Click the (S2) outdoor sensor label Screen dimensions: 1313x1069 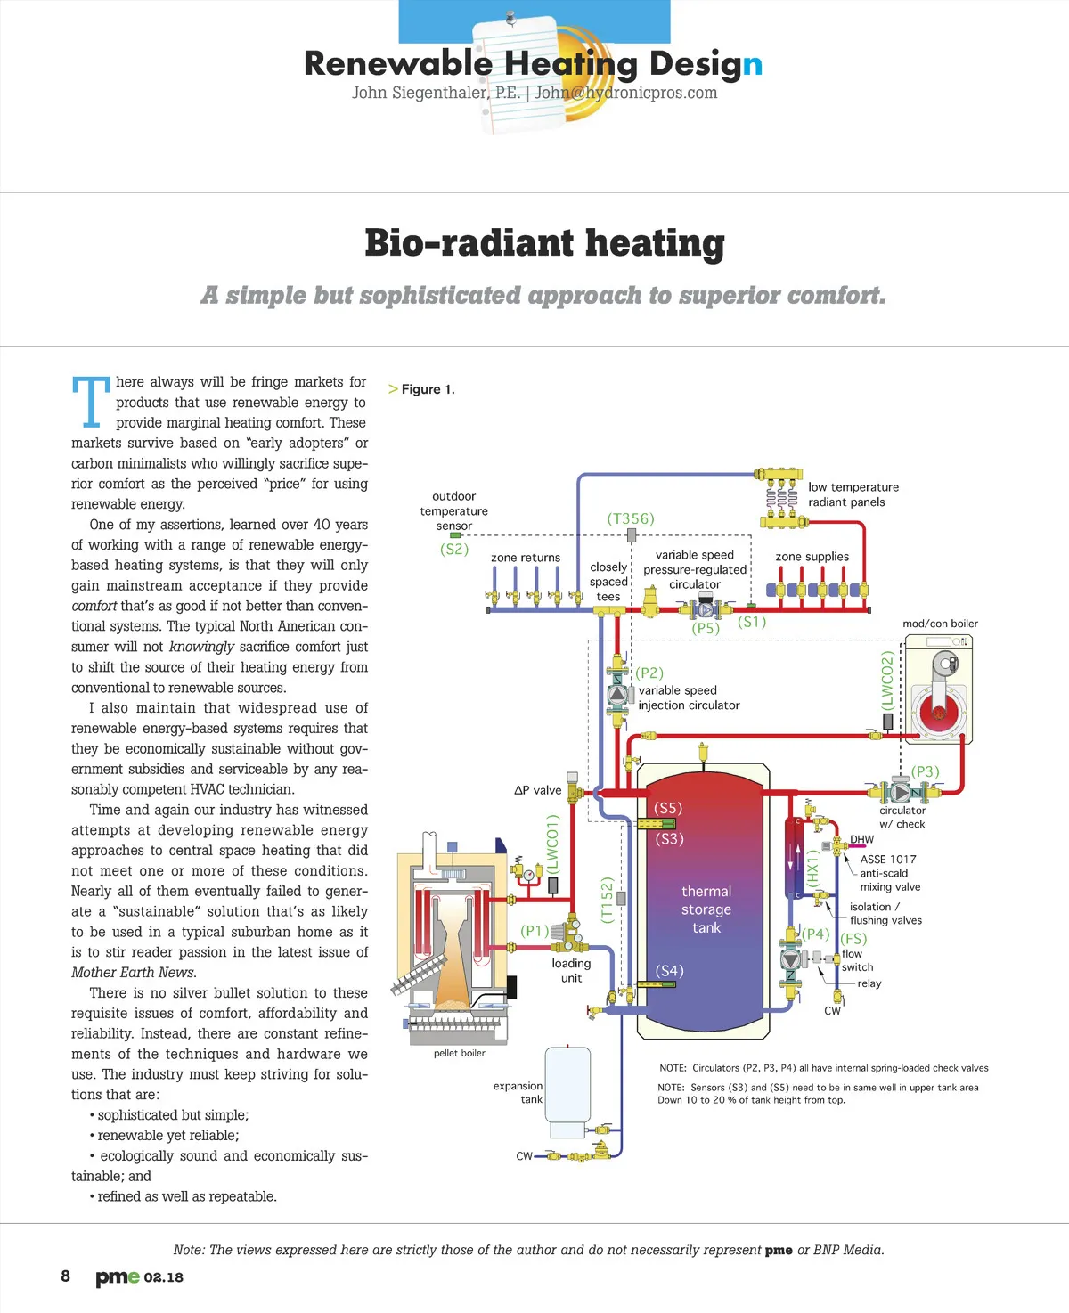454,549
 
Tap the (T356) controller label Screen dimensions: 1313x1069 631,518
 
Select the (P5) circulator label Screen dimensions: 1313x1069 706,628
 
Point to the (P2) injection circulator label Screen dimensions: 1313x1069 649,673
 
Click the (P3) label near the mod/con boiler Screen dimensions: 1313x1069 926,771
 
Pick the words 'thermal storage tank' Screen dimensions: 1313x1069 706,909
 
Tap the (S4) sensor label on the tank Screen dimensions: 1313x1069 670,970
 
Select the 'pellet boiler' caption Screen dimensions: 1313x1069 460,1053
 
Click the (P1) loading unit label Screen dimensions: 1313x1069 534,930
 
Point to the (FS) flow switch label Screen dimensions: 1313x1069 853,938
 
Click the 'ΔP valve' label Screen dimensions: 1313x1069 538,790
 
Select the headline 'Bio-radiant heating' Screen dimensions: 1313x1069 544,243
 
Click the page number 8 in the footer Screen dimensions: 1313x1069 65,1276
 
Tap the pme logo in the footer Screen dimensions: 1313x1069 118,1277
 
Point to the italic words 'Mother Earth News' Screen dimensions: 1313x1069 134,973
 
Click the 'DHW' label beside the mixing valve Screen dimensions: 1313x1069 861,839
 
